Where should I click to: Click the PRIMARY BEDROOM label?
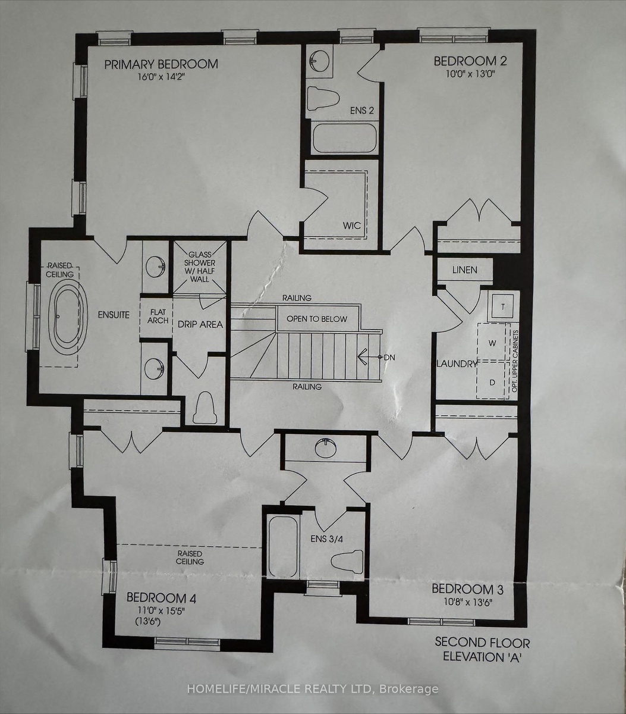point(161,64)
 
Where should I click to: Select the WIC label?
point(352,225)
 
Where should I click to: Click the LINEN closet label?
point(465,270)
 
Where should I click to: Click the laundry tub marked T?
point(502,306)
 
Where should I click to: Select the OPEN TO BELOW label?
point(317,319)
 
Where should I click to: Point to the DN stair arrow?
point(369,357)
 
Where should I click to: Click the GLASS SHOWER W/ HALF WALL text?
point(200,267)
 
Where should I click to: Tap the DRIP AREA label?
point(200,324)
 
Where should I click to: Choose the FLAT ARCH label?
point(158,316)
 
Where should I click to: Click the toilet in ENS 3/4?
point(347,562)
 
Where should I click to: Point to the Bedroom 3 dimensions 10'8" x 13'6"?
point(467,602)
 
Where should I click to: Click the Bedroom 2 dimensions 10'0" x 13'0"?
point(470,74)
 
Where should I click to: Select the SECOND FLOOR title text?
point(482,643)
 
